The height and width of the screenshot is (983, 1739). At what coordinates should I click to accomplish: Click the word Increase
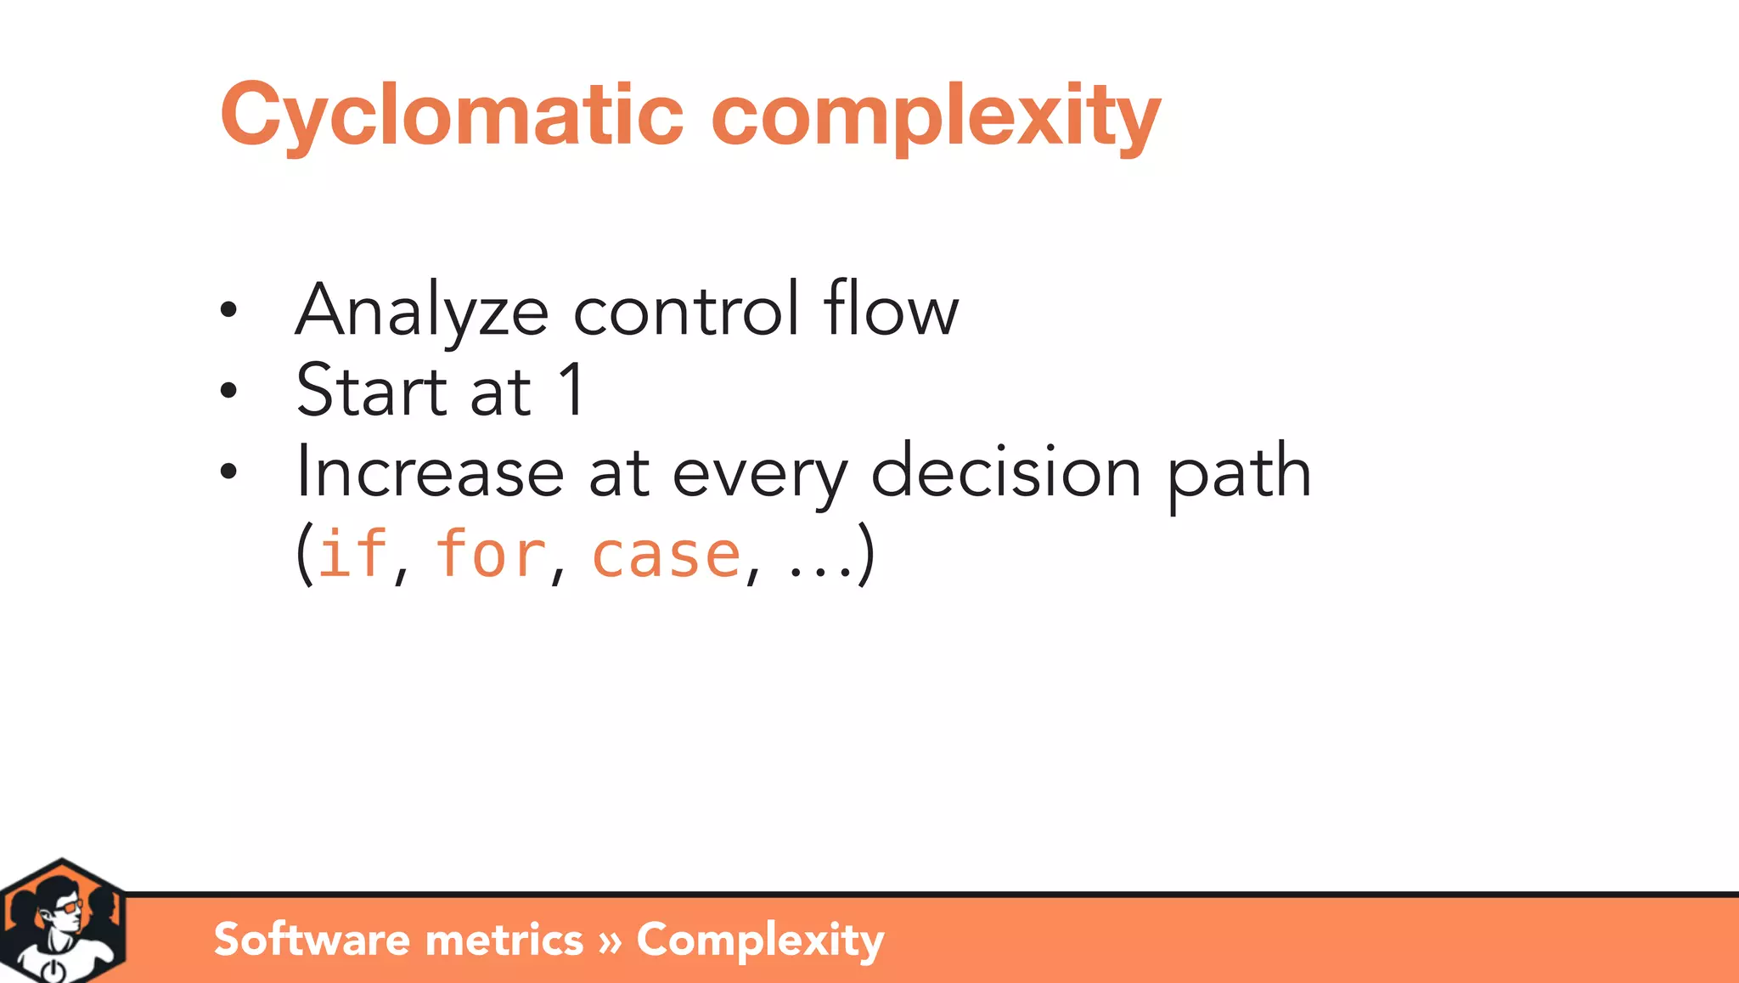(430, 472)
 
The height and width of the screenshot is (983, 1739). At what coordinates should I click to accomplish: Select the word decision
(1005, 472)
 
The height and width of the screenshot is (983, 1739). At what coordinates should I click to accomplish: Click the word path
(1239, 474)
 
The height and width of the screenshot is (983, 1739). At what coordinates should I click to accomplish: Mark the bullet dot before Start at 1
(228, 391)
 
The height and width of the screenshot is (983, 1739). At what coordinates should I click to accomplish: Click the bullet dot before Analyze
(228, 311)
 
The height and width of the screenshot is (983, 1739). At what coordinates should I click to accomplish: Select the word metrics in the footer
(504, 940)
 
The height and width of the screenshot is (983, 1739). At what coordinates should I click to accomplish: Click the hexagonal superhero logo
(62, 922)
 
